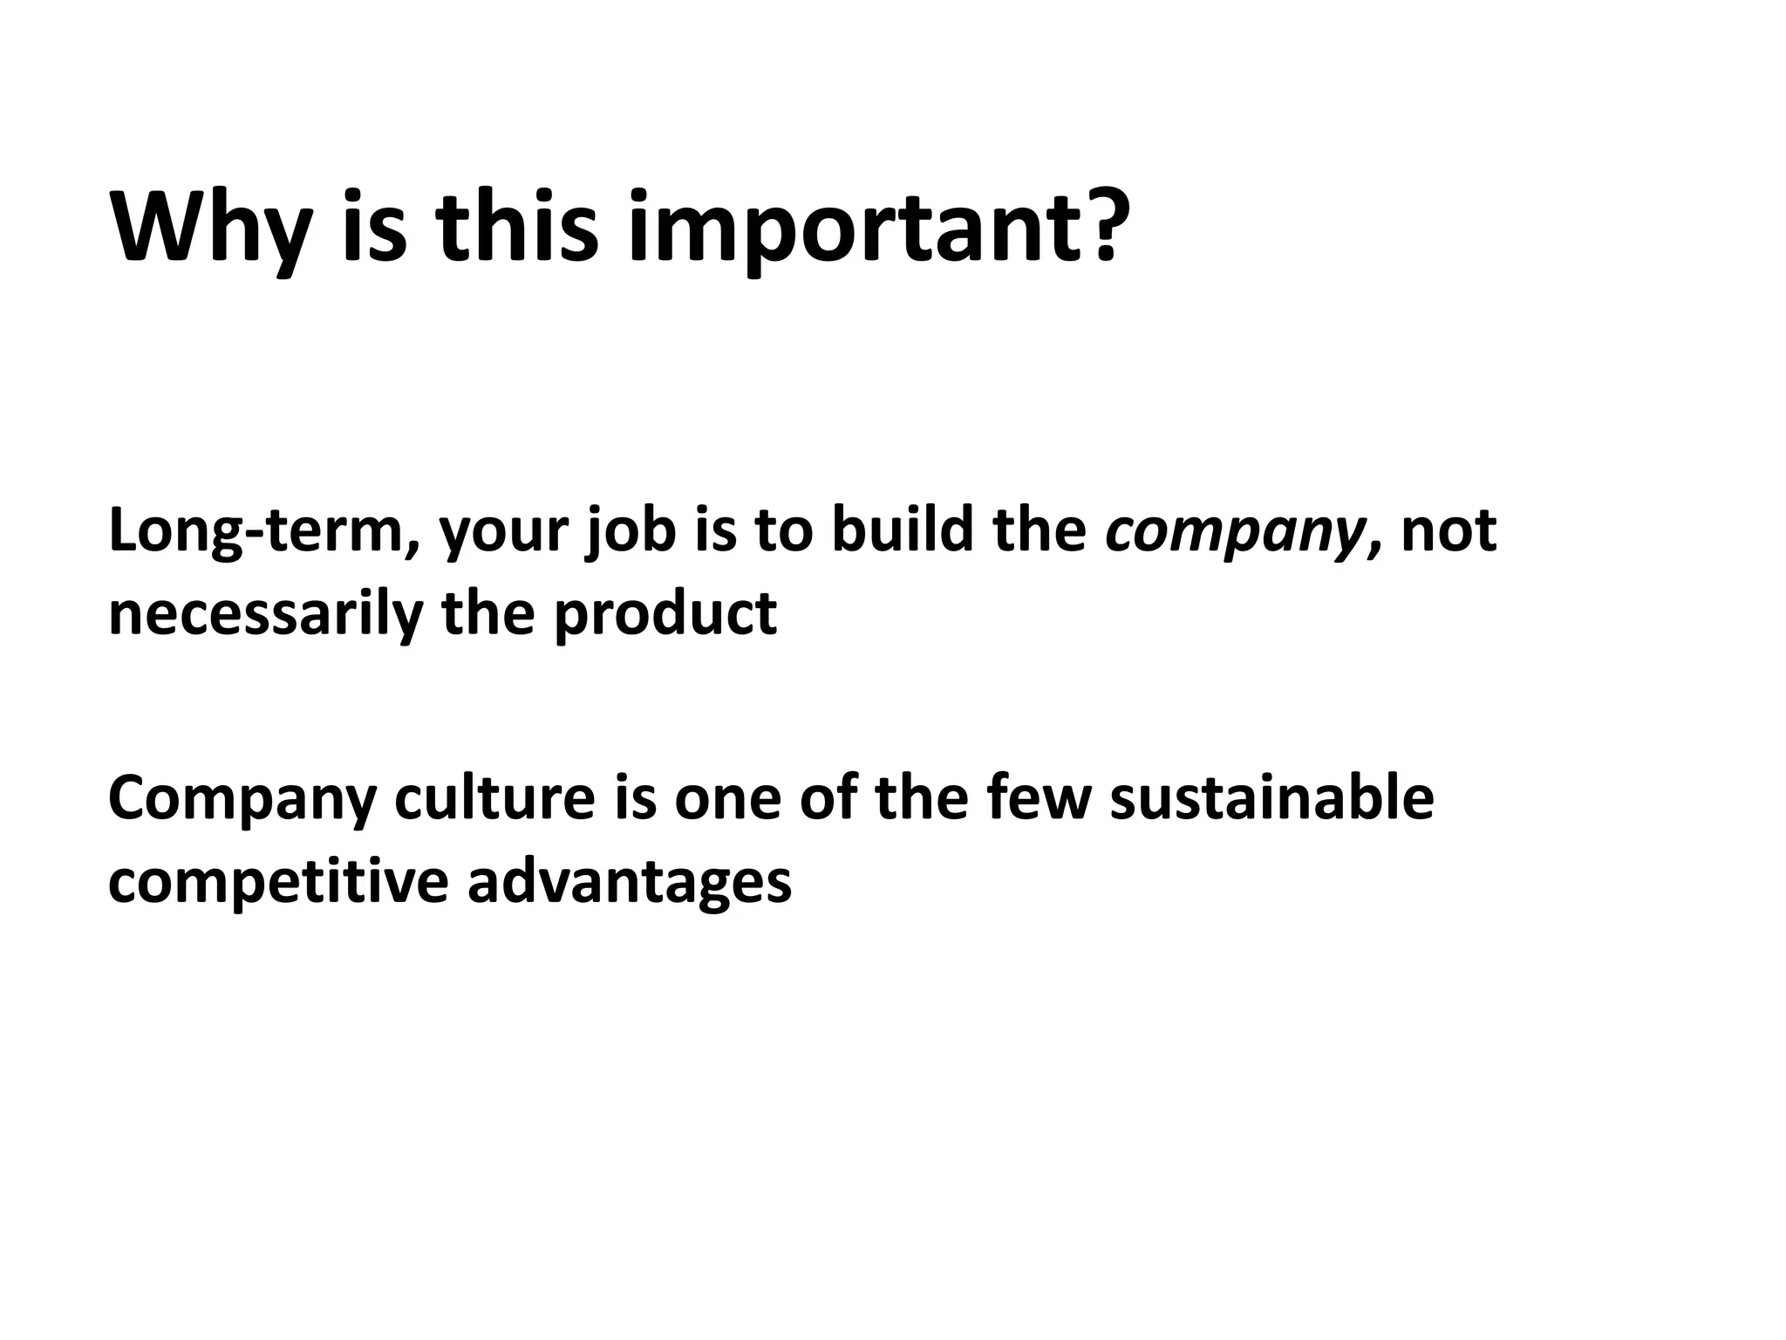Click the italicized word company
(x=1232, y=534)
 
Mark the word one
(x=727, y=799)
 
